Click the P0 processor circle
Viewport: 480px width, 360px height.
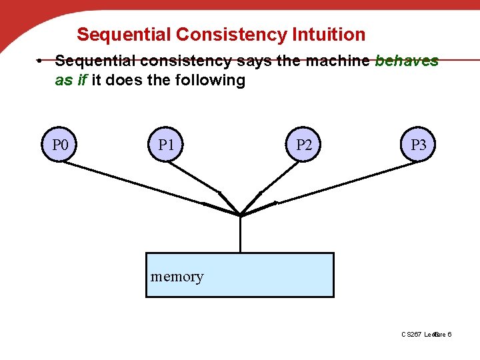60,145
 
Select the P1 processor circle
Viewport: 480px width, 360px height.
165,145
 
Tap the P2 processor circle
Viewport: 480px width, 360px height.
303,145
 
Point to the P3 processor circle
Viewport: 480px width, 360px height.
418,145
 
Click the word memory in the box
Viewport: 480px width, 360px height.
177,276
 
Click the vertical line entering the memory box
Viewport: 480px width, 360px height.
240,235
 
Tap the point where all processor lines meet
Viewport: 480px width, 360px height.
240,215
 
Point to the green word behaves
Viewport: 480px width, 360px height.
407,61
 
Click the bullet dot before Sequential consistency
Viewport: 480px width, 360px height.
41,61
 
